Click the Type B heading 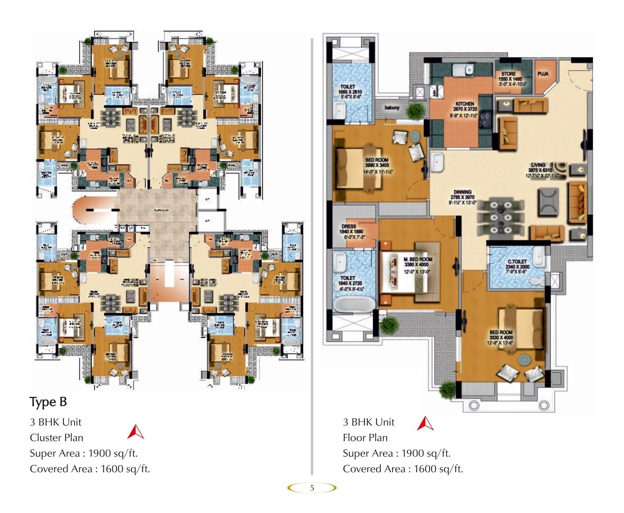point(48,402)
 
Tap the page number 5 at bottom point(312,488)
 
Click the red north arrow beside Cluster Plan point(135,432)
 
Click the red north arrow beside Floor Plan point(425,424)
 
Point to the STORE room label point(508,74)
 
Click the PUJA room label point(543,74)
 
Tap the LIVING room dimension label point(540,170)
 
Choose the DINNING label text point(462,192)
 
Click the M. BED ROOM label point(418,259)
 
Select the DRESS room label point(349,226)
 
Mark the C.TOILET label point(517,262)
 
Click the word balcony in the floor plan point(392,108)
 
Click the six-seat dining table point(501,218)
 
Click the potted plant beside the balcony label point(415,110)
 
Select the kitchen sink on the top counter point(463,70)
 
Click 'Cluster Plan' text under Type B point(57,438)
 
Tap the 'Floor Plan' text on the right point(365,438)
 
